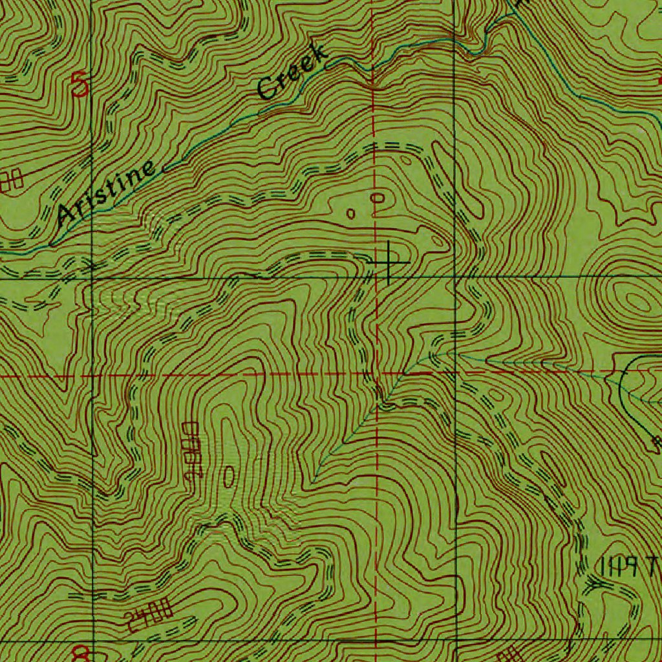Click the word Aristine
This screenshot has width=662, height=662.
point(107,192)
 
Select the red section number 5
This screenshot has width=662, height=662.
point(80,85)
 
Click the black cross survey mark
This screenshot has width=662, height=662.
point(389,262)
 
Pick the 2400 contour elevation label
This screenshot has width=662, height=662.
point(149,614)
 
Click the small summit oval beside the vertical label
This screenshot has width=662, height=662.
point(229,476)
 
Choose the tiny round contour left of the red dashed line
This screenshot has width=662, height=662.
point(351,213)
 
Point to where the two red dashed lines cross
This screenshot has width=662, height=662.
point(377,374)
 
